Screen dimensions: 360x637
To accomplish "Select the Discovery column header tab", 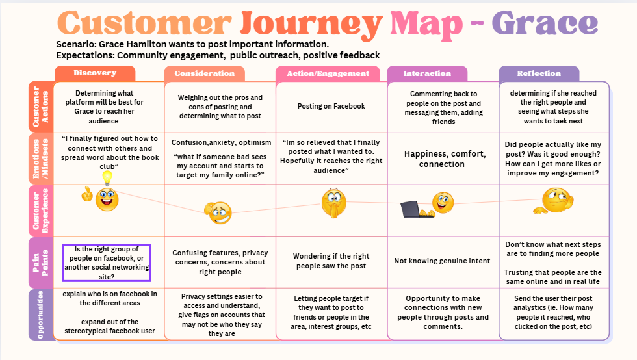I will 95,73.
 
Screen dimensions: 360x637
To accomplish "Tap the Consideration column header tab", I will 205,73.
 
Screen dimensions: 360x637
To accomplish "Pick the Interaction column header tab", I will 427,73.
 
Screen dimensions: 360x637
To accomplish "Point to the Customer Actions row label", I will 40,106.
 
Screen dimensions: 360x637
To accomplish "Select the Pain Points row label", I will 40,263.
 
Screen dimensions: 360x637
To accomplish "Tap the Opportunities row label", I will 40,314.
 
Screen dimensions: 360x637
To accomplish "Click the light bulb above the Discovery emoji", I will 107,177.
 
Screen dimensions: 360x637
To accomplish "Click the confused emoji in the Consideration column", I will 218,212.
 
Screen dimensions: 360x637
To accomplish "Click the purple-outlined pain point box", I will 107,263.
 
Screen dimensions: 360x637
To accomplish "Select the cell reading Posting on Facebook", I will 331,106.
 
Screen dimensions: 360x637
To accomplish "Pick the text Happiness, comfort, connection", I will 445,159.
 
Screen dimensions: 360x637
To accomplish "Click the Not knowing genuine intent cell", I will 442,261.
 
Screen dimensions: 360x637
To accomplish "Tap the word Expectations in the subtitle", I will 86,55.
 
